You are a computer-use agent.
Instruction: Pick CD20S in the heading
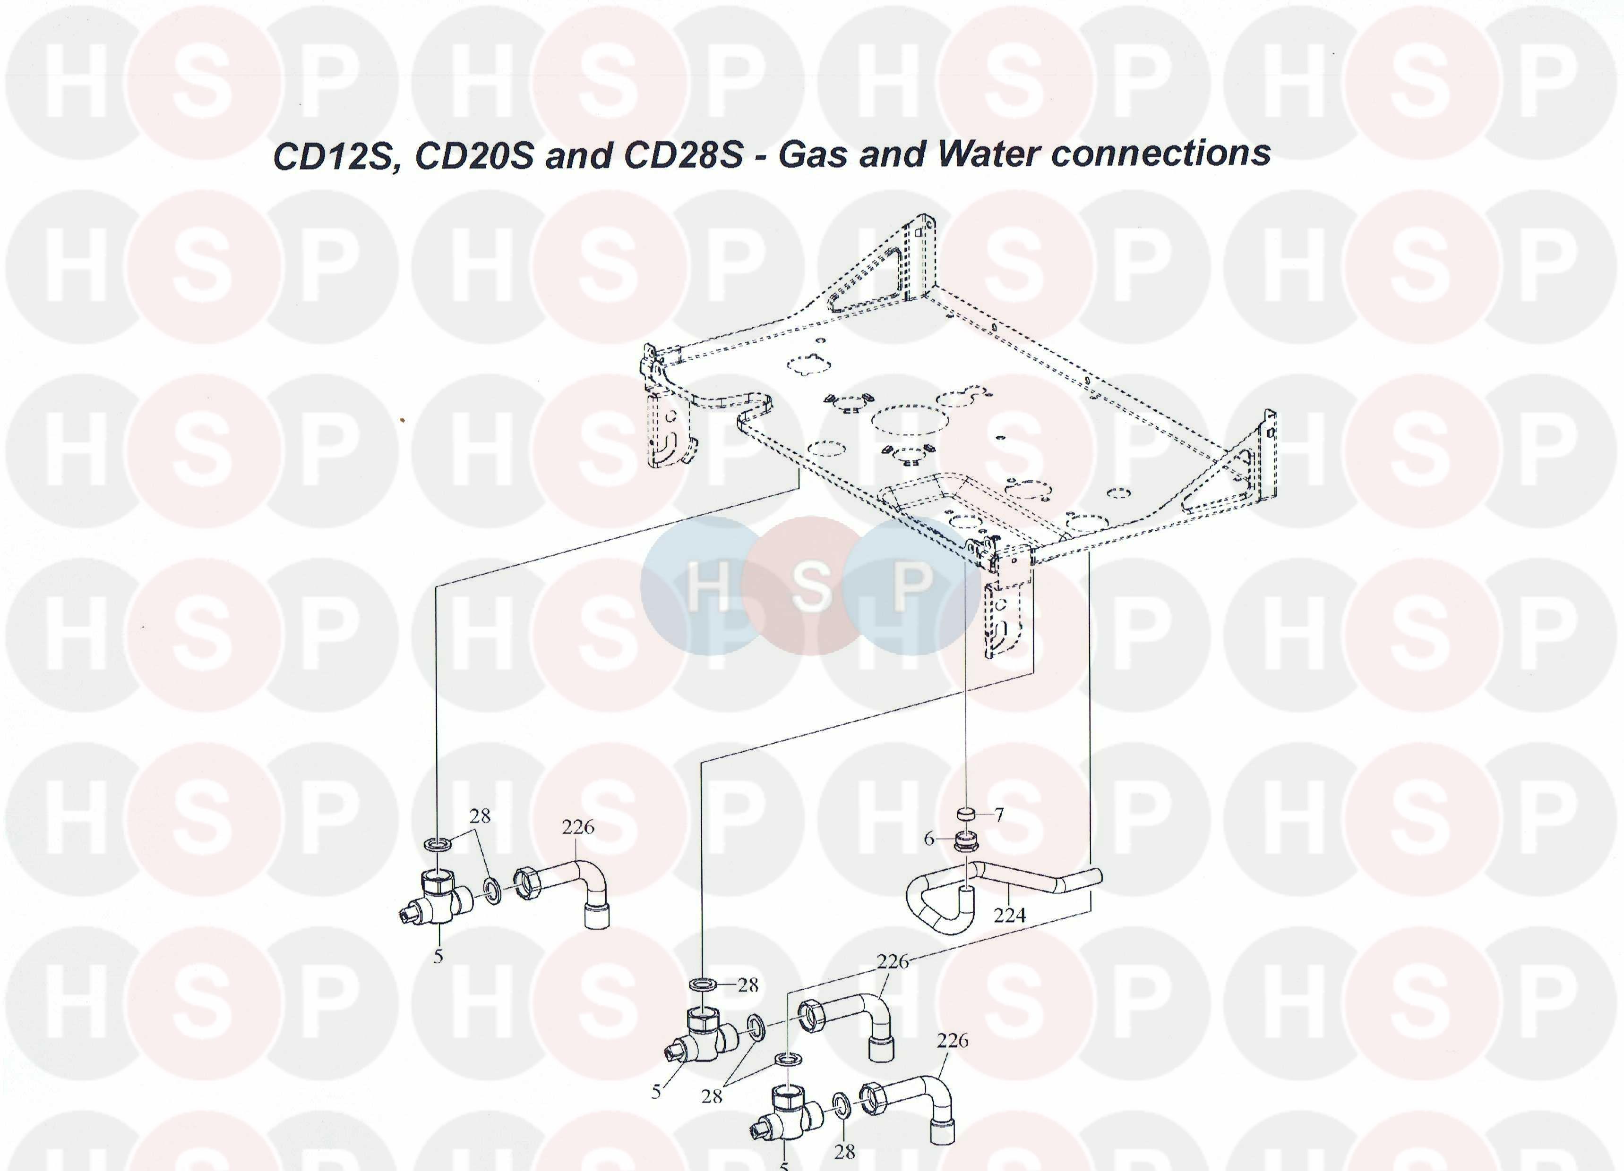pos(474,156)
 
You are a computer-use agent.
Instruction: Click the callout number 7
pos(999,814)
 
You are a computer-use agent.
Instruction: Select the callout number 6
pos(929,838)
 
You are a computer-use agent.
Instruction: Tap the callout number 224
pos(1010,914)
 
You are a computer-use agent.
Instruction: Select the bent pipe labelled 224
pos(1003,884)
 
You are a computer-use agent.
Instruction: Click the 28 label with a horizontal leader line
pos(748,985)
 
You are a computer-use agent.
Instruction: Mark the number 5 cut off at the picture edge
pos(784,1165)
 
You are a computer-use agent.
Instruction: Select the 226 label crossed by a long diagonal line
pos(893,961)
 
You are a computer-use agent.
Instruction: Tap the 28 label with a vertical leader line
pos(845,1151)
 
